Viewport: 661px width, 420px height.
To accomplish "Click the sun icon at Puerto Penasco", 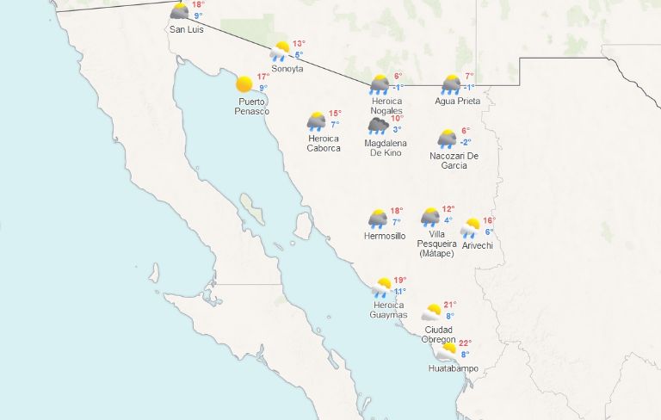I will coord(244,84).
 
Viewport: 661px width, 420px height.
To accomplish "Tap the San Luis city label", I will coord(187,29).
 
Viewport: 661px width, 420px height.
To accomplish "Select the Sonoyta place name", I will coord(287,69).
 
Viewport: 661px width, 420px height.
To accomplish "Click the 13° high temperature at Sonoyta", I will coord(299,44).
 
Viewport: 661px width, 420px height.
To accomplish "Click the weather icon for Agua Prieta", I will coord(451,83).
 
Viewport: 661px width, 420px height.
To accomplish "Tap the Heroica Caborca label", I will coord(324,143).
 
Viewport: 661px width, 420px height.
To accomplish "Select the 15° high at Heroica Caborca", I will coord(335,114).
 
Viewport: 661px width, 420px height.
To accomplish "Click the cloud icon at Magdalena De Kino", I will coord(379,126).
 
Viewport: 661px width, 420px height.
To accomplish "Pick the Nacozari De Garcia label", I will coord(454,160).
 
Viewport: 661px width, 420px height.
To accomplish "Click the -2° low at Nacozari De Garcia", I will coord(465,142).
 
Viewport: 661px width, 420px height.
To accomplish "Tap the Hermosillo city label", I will coord(385,236).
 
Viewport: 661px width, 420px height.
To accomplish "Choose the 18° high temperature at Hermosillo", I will coord(396,211).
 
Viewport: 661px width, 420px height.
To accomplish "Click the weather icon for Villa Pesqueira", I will coord(430,216).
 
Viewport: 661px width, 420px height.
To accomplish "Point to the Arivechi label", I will coord(477,245).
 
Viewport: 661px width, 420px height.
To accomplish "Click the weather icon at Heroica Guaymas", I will coord(382,286).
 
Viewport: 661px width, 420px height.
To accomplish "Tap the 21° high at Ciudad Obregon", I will coord(449,305).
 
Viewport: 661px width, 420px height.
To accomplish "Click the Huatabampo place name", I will coord(453,369).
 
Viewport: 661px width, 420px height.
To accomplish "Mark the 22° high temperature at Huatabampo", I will coord(465,343).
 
